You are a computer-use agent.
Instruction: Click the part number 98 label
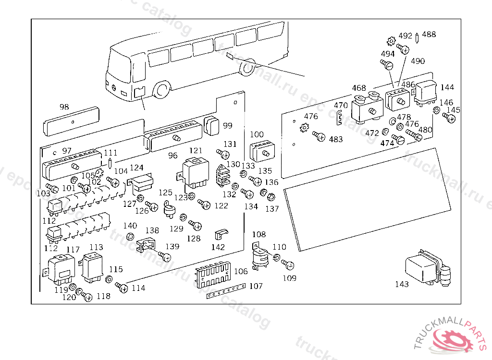coord(64,107)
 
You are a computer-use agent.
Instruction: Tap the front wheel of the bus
coord(162,90)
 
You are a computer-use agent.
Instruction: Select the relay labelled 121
coord(195,172)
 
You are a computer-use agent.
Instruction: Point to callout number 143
coord(402,284)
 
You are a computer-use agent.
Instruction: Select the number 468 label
coord(359,88)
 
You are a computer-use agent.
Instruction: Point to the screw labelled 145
coord(451,118)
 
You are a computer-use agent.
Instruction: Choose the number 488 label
coord(429,35)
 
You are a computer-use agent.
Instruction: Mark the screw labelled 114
coord(122,287)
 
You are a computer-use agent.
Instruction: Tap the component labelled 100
coord(261,150)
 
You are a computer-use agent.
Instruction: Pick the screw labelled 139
coord(165,257)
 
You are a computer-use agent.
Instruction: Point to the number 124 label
coord(137,168)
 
